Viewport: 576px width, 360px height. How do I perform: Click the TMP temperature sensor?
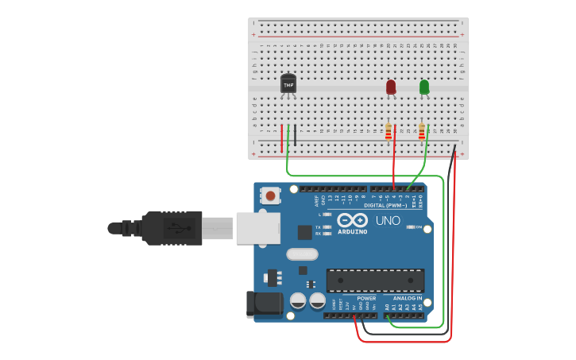tap(288, 83)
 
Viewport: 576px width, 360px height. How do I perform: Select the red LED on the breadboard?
tap(391, 87)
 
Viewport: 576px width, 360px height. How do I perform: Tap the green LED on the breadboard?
tap(424, 87)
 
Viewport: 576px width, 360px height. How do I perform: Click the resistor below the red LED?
tap(389, 132)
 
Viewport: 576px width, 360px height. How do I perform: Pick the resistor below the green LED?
tap(422, 132)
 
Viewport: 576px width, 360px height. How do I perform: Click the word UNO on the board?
tap(388, 220)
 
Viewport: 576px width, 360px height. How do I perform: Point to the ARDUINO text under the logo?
tap(353, 231)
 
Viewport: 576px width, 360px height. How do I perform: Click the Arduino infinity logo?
tap(352, 220)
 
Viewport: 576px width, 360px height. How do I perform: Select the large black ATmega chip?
tap(375, 281)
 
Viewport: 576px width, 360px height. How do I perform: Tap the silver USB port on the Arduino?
tap(257, 228)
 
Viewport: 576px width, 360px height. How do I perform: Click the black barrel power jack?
tap(264, 304)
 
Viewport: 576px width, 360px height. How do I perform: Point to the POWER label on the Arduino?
tap(366, 298)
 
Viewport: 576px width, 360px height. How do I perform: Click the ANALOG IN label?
tap(408, 298)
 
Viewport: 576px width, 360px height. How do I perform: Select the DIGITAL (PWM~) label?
tap(390, 205)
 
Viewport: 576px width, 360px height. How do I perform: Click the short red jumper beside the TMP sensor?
tap(281, 137)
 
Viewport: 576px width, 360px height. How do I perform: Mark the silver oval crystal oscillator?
tap(302, 254)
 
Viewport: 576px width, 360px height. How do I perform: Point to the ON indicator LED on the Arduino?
tap(411, 227)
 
